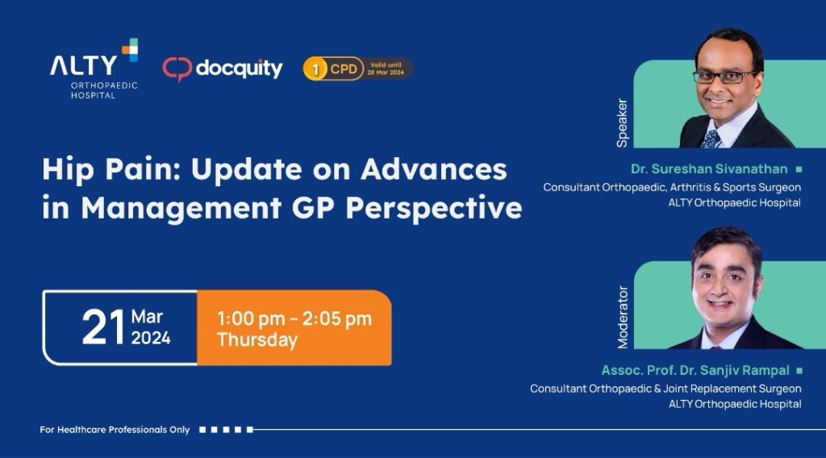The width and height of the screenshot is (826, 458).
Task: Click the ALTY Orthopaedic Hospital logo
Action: (x=94, y=69)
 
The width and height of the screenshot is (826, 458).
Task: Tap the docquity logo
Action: (x=223, y=69)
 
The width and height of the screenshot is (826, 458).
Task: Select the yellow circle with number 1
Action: (x=315, y=69)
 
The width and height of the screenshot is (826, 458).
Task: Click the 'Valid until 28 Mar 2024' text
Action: (x=386, y=69)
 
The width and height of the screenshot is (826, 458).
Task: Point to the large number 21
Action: (x=103, y=327)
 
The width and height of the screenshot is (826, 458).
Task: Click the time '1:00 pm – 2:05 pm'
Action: (x=294, y=319)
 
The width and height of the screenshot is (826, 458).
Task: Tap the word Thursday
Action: (x=257, y=340)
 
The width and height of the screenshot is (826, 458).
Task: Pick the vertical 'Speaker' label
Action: (x=622, y=123)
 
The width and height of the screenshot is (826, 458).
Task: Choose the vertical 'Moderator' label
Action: (x=623, y=317)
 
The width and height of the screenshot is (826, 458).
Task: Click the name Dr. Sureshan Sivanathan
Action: (x=709, y=169)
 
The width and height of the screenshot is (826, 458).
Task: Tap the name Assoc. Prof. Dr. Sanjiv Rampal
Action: (x=695, y=371)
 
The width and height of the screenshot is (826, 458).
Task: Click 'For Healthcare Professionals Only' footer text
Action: (x=115, y=430)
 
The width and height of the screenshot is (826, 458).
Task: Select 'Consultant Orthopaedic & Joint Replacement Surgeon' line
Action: (x=665, y=389)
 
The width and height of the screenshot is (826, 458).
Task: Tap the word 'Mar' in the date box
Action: (x=147, y=317)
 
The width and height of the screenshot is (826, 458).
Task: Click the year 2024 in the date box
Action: (x=151, y=338)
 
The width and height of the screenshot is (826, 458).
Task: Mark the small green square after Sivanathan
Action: (x=799, y=169)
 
